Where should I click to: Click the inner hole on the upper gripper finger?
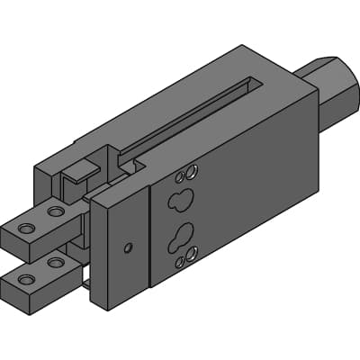[x=56, y=212]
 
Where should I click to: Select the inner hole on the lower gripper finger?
[x=56, y=263]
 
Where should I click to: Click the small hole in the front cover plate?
[x=129, y=247]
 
